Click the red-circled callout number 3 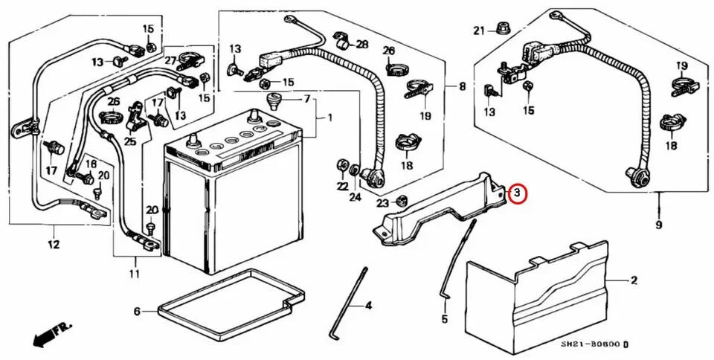tap(518, 194)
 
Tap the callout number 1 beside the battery tap(330, 118)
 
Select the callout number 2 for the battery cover tap(634, 280)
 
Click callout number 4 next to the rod tap(368, 305)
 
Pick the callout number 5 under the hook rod tap(444, 320)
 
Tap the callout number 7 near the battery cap tap(307, 99)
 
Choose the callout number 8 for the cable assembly tap(462, 87)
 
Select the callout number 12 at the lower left tap(54, 244)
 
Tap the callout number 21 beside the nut tap(479, 30)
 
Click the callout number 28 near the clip tap(362, 45)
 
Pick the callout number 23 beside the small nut tap(382, 202)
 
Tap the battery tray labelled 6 tap(223, 298)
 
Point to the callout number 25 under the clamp tap(130, 141)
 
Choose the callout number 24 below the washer tap(355, 197)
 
